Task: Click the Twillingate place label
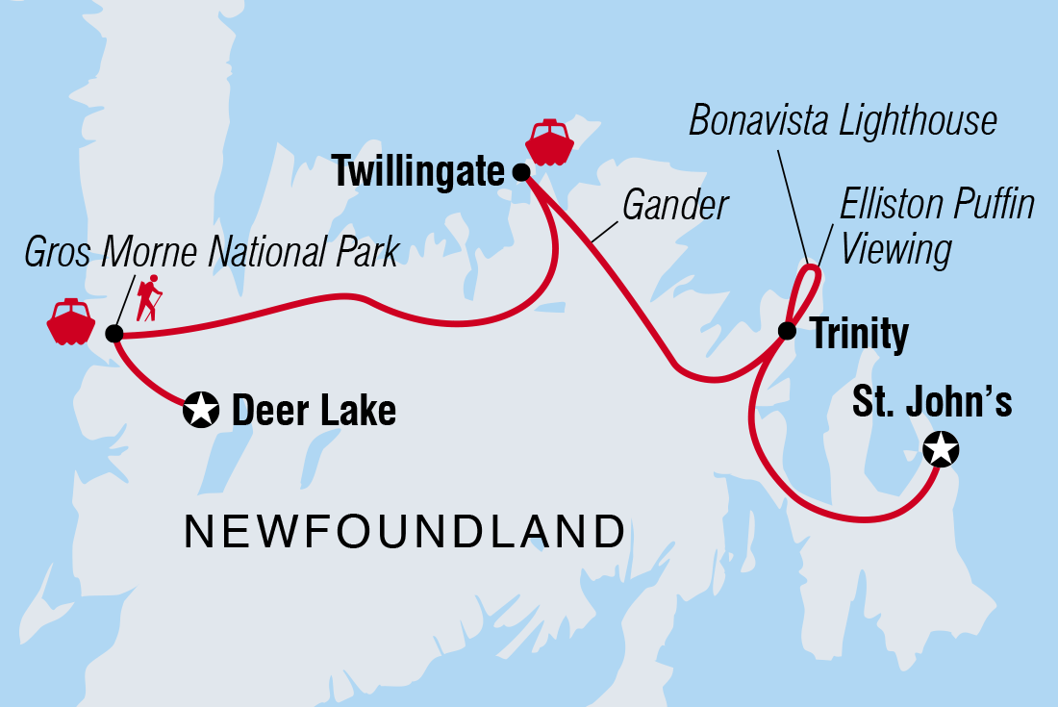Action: tap(418, 173)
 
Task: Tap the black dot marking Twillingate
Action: tap(520, 173)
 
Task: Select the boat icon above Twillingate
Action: tap(550, 143)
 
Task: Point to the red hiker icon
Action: tap(148, 299)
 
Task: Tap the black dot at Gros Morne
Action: tap(113, 334)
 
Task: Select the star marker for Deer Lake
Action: tap(200, 411)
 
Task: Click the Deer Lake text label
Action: tap(314, 412)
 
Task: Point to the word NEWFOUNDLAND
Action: tap(404, 532)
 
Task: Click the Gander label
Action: tap(676, 204)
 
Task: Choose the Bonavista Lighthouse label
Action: tap(843, 121)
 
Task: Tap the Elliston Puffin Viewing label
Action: tap(937, 227)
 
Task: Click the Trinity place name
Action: tap(860, 335)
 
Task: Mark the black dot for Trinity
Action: tap(787, 331)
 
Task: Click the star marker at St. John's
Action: tap(940, 447)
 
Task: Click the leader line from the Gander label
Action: tap(606, 227)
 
